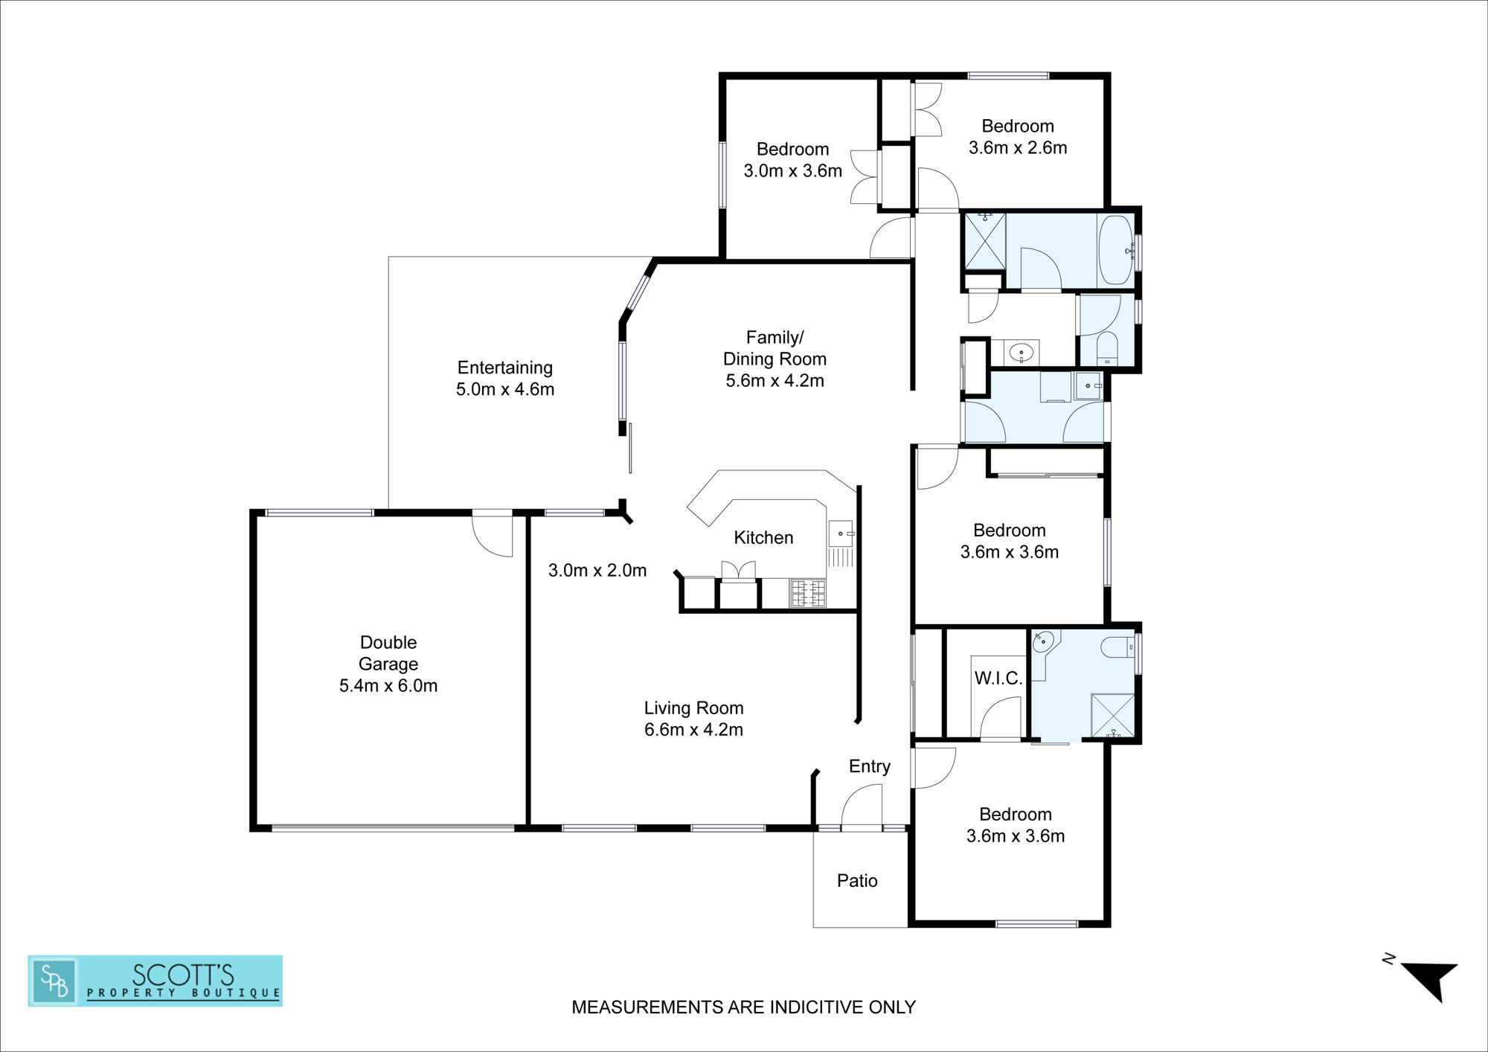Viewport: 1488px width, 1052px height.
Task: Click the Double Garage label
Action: [388, 664]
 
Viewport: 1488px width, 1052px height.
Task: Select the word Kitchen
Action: [763, 537]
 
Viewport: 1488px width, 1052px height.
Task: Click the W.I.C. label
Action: [998, 678]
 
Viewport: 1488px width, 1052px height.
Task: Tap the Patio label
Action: [857, 881]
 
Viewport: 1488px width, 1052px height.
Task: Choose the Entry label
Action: [870, 767]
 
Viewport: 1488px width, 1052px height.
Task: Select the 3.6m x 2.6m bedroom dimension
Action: [1018, 147]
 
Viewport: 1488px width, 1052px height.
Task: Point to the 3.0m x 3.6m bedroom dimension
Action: [793, 170]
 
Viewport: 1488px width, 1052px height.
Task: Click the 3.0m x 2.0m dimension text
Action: [597, 571]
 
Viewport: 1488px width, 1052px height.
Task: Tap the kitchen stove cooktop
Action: [808, 594]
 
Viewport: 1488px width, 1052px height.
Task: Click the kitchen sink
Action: [841, 534]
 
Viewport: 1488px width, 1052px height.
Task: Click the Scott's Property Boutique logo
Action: [155, 981]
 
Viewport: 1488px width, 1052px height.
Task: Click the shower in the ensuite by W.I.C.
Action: [1112, 716]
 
